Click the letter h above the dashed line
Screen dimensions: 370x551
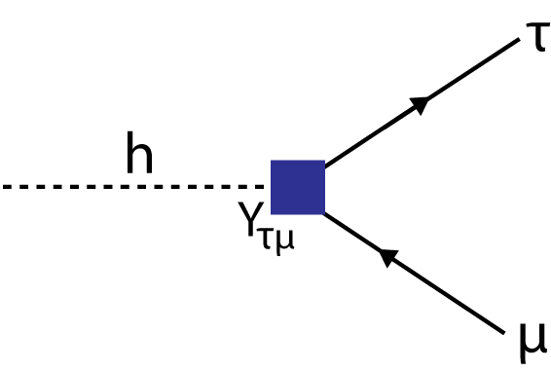click(139, 158)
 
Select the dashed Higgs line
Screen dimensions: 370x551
click(136, 186)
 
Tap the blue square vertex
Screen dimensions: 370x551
click(297, 187)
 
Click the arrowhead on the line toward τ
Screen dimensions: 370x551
click(421, 103)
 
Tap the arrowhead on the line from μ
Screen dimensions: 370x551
click(388, 257)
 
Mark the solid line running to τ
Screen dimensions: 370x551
click(419, 104)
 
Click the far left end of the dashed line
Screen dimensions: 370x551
click(3, 186)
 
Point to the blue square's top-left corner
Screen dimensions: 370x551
click(272, 162)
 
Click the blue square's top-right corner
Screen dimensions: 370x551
click(323, 162)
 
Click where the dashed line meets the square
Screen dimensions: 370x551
click(271, 186)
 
